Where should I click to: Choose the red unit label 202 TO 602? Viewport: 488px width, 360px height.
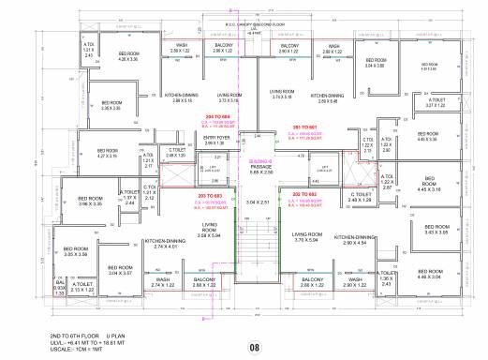[305, 194]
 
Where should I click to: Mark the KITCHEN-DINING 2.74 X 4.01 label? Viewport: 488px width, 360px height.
[157, 243]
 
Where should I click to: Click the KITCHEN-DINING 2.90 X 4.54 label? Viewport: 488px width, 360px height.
[360, 240]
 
